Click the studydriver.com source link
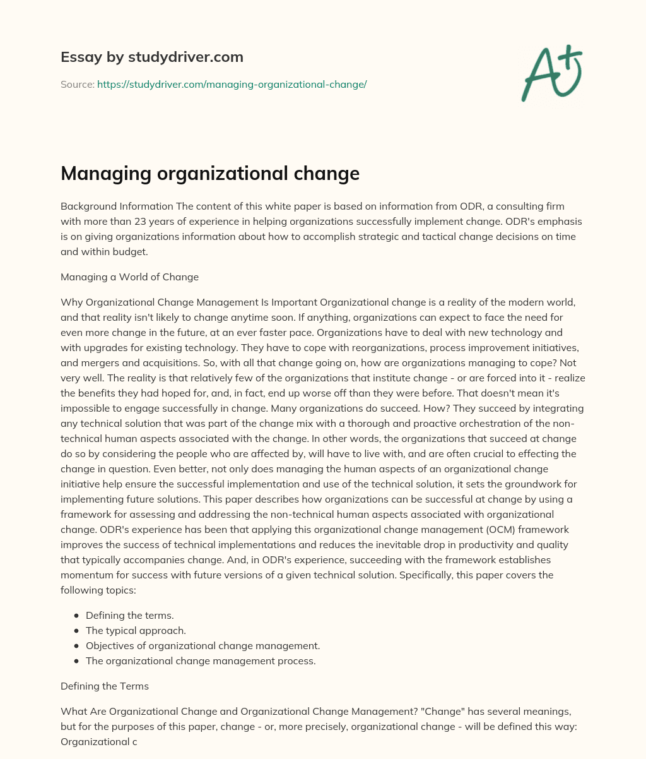(232, 84)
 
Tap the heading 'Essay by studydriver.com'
(152, 57)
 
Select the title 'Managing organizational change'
(209, 174)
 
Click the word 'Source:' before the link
(77, 84)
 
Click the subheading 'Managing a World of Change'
(129, 277)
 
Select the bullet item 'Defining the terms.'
(129, 615)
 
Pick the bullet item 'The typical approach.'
(136, 630)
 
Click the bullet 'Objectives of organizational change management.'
(203, 645)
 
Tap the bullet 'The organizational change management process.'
(200, 660)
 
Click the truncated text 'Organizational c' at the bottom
(98, 741)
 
